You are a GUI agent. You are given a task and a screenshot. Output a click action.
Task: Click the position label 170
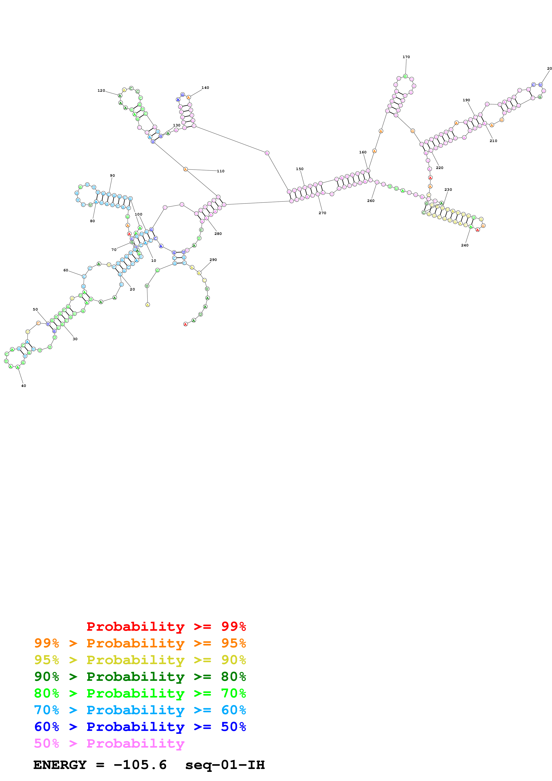[406, 57]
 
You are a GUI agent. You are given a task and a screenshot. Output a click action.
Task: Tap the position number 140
[205, 88]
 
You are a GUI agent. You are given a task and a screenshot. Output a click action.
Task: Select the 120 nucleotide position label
[101, 90]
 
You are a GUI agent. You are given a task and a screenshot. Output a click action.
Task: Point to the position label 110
[221, 171]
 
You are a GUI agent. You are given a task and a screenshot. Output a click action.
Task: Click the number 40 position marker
[23, 386]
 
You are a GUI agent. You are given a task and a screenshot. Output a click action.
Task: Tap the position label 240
[464, 245]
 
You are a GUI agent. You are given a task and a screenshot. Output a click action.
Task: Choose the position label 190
[466, 100]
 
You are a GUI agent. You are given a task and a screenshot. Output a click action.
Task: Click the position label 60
[66, 270]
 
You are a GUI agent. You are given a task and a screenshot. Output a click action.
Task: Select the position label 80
[92, 221]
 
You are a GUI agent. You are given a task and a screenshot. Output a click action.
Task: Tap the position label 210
[493, 141]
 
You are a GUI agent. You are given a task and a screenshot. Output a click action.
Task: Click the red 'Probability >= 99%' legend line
[166, 626]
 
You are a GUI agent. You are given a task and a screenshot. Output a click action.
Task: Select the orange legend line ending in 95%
[140, 643]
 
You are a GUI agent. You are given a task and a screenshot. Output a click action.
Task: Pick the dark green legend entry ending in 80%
[140, 677]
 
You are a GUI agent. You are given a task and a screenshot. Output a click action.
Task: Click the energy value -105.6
[140, 765]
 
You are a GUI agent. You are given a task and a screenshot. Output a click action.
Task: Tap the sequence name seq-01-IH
[225, 765]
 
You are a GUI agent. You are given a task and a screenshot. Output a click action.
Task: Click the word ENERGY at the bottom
[60, 765]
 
